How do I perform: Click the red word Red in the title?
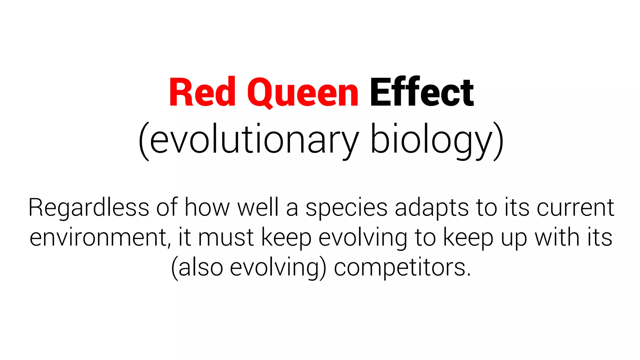pyautogui.click(x=202, y=92)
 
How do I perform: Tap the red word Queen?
pyautogui.click(x=302, y=93)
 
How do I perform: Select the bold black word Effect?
pyautogui.click(x=422, y=92)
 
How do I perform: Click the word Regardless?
pyautogui.click(x=89, y=207)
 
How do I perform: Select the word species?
pyautogui.click(x=346, y=208)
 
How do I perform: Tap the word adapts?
pyautogui.click(x=432, y=208)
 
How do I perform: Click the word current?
pyautogui.click(x=575, y=207)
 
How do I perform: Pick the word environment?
pyautogui.click(x=99, y=238)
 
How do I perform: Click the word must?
pyautogui.click(x=226, y=238)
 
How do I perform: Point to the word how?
pyautogui.click(x=207, y=207)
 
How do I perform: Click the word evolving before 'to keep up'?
pyautogui.click(x=363, y=238)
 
